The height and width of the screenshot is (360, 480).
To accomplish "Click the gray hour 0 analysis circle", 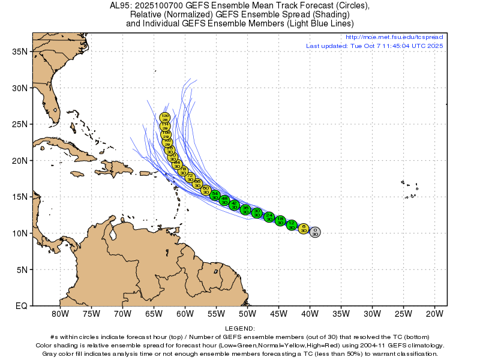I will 315,232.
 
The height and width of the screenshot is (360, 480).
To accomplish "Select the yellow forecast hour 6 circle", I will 304,229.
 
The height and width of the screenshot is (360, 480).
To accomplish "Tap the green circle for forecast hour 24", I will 269,217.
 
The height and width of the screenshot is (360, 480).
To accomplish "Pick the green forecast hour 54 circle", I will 215,195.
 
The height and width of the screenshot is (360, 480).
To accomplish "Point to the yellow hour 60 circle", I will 206,190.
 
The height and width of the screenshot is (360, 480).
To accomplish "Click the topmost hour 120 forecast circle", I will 165,118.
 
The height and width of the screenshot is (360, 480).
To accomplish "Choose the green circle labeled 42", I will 234,205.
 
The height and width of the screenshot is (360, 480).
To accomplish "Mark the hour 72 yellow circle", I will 190,178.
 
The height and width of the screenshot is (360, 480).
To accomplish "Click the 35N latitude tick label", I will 20,52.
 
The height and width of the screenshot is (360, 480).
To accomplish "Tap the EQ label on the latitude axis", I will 21,306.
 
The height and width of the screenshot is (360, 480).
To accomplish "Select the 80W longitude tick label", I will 59,313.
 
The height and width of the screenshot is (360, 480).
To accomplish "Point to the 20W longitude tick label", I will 434,313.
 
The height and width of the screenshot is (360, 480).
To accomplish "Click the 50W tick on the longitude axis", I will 247,313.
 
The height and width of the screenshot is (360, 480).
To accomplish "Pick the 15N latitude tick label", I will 20,197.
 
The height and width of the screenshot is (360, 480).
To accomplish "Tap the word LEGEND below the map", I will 240,329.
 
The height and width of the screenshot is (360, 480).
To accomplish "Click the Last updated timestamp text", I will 374,46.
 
